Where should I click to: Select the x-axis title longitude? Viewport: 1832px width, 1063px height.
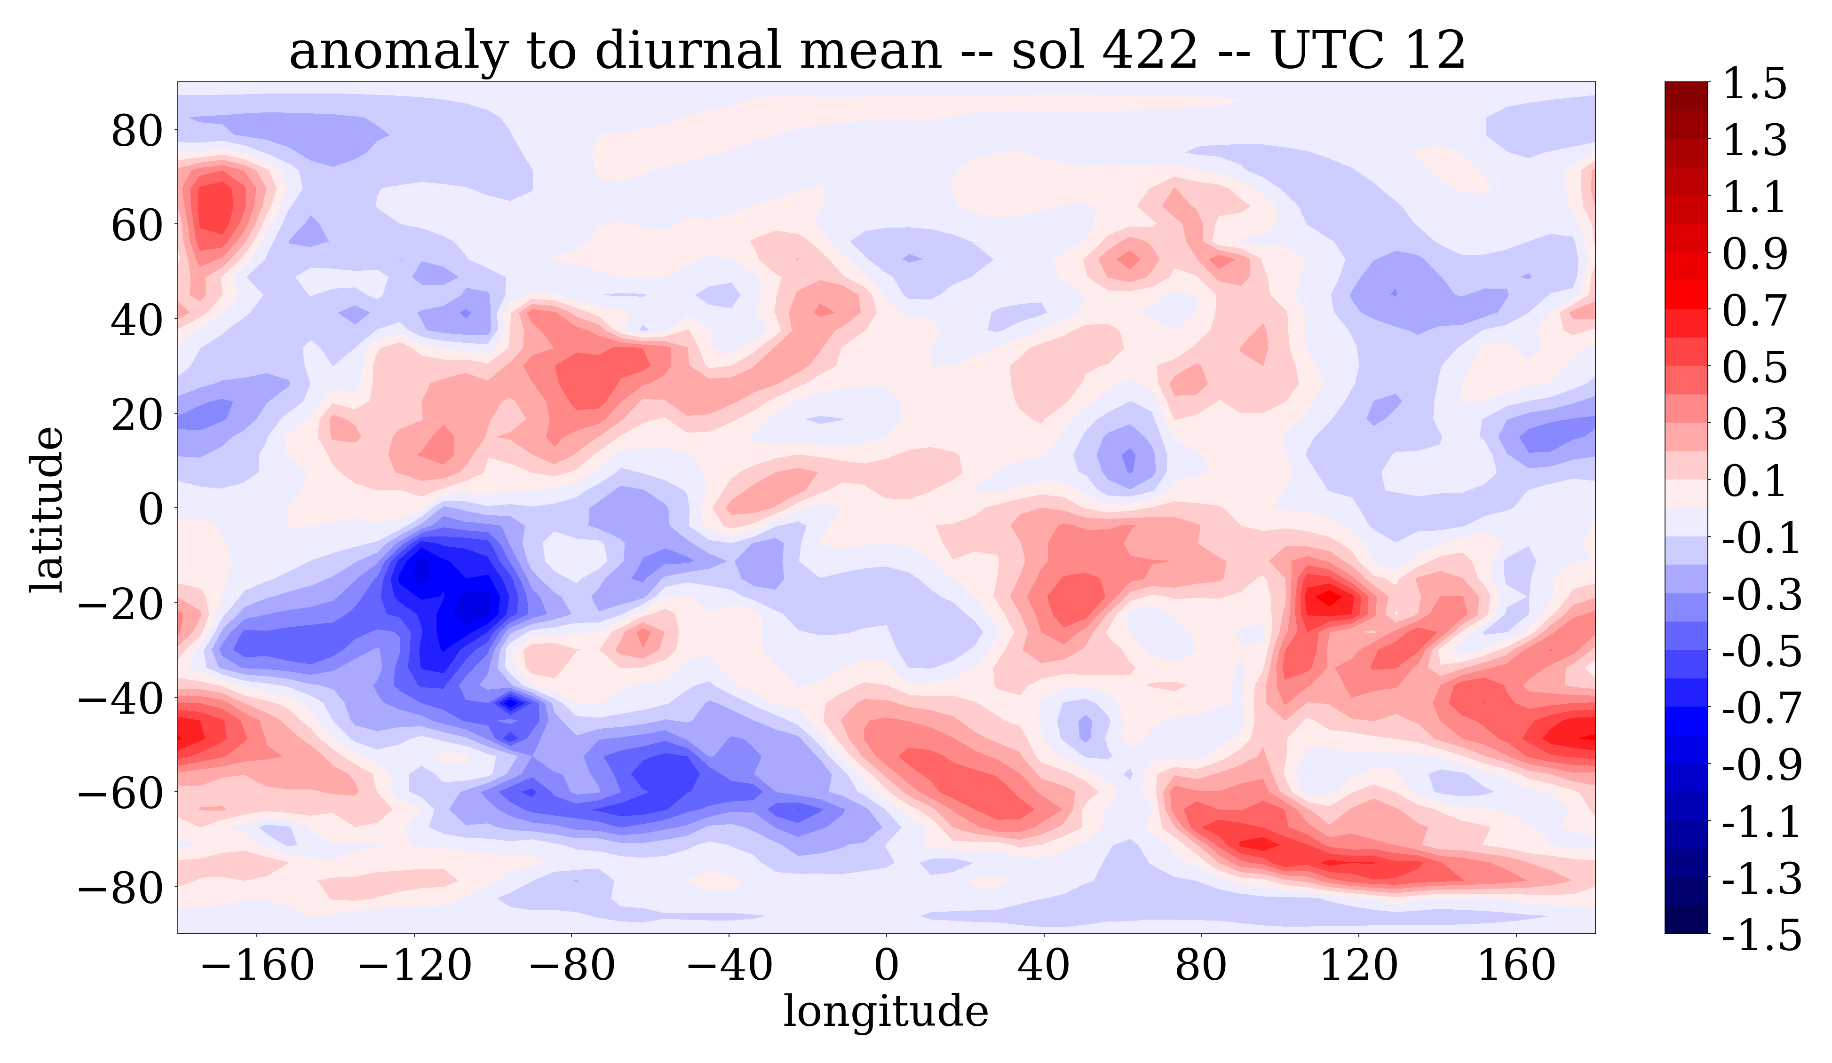886,1011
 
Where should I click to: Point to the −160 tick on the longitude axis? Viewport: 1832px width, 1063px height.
257,966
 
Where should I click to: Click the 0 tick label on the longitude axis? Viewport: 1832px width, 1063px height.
886,966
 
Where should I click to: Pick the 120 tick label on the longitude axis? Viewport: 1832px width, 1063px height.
1358,966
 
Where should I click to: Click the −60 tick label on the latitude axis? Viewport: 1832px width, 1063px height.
120,793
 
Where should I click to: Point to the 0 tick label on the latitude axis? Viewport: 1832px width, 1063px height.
151,509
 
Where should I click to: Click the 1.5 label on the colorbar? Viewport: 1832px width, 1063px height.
1754,84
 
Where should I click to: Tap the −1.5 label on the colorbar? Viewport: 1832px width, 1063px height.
1761,934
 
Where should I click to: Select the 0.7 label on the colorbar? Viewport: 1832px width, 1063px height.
1754,311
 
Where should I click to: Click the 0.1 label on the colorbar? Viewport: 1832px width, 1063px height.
1754,481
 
